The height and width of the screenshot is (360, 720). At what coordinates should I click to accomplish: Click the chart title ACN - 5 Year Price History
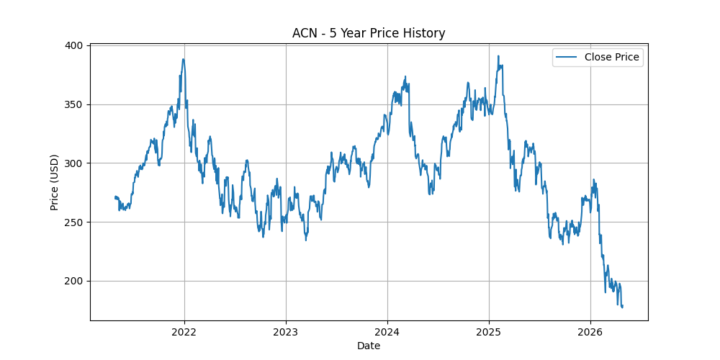(x=369, y=33)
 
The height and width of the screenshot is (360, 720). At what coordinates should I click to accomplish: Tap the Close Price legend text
(x=611, y=57)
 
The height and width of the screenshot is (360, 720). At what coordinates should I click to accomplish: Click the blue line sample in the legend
(x=567, y=57)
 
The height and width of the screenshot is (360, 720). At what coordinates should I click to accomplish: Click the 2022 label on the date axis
(x=184, y=332)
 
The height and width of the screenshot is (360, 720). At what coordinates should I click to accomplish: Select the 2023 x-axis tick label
(x=286, y=332)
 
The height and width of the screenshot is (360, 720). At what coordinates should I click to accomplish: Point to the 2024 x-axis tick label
(x=387, y=332)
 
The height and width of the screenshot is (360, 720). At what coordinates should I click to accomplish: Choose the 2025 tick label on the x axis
(x=489, y=332)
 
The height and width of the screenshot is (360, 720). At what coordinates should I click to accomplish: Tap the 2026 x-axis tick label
(x=590, y=332)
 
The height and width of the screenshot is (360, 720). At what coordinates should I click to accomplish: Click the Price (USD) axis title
(x=55, y=183)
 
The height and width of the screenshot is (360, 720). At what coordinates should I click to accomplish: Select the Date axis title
(x=369, y=346)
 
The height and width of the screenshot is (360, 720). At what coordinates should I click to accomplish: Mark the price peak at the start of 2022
(x=184, y=59)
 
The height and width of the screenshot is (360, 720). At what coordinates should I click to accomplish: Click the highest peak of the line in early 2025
(x=498, y=56)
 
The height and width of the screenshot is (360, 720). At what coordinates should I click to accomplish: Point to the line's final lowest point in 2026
(x=621, y=307)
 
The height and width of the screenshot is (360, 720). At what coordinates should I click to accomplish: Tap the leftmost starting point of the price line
(x=115, y=197)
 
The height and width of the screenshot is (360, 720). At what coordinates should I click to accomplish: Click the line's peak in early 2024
(x=405, y=76)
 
